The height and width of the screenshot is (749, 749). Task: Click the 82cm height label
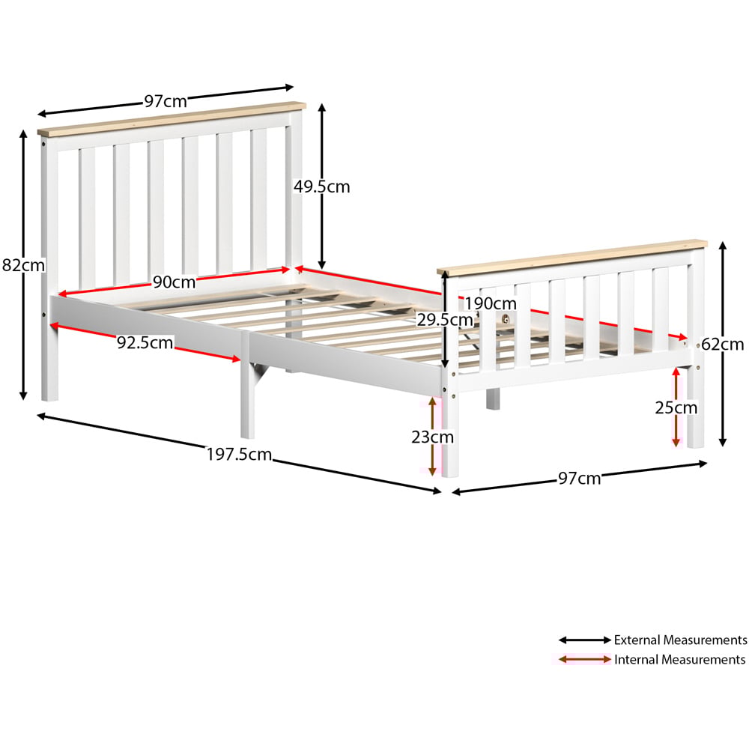click(23, 265)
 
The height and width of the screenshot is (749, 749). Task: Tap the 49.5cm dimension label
click(321, 187)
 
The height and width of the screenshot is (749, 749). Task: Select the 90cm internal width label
click(174, 282)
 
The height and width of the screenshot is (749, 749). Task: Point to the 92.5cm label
click(145, 342)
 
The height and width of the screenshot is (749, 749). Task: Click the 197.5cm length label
click(239, 455)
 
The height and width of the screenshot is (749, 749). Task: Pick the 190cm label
click(491, 303)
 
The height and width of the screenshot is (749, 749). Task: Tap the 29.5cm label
click(445, 320)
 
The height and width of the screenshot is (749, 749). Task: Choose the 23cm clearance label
click(432, 437)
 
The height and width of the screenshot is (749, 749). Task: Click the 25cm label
click(676, 407)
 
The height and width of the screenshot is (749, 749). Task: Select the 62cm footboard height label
click(722, 344)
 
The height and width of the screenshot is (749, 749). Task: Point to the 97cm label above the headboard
click(166, 101)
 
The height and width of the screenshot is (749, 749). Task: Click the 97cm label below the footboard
click(580, 478)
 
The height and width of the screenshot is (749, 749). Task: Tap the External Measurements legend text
click(680, 640)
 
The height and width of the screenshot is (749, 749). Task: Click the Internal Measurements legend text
click(680, 660)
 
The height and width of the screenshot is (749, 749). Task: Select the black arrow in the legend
click(585, 640)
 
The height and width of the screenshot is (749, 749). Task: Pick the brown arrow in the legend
click(585, 660)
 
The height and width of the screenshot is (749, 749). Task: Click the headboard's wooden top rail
click(172, 118)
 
